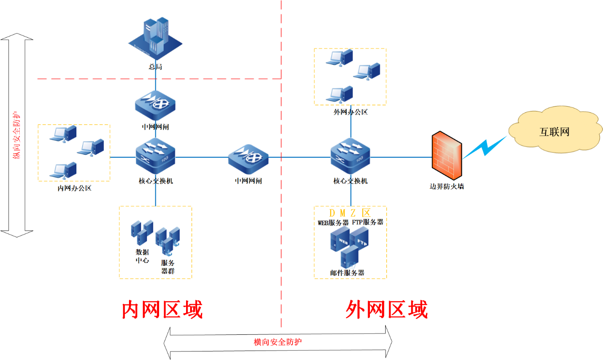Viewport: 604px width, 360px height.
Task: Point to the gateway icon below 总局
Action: [155, 104]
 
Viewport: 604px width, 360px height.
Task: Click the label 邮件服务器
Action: [346, 273]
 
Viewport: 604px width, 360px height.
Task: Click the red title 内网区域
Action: [162, 310]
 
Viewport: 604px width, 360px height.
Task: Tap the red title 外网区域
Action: [386, 310]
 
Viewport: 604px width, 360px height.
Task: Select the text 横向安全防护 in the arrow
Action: [278, 342]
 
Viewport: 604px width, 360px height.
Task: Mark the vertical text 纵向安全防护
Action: [17, 135]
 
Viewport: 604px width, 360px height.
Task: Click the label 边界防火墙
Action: [447, 186]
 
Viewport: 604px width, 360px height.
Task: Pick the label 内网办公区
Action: [75, 188]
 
